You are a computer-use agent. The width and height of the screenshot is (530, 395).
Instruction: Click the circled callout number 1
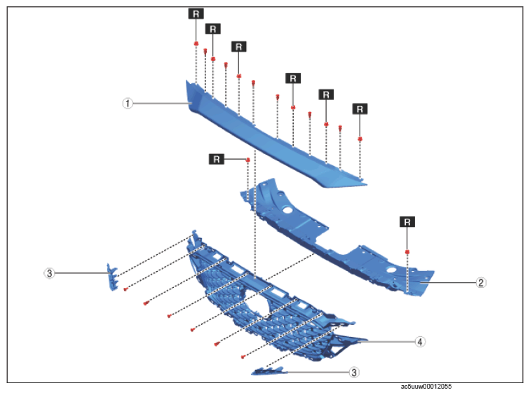[x=128, y=104]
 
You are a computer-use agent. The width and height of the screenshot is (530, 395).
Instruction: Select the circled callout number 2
[x=481, y=282]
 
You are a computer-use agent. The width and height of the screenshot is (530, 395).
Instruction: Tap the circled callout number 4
[x=420, y=342]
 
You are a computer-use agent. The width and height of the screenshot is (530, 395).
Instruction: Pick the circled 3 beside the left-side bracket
[x=49, y=273]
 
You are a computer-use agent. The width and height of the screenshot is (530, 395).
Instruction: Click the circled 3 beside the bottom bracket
[x=354, y=373]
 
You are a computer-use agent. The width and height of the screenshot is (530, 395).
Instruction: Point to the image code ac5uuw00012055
[x=426, y=387]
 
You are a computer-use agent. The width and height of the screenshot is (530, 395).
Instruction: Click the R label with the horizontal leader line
[x=217, y=159]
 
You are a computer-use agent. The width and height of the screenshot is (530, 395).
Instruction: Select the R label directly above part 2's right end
[x=407, y=222]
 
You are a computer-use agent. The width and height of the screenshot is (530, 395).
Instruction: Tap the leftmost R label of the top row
[x=196, y=14]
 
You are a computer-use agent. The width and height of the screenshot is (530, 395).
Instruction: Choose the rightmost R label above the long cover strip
[x=360, y=109]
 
